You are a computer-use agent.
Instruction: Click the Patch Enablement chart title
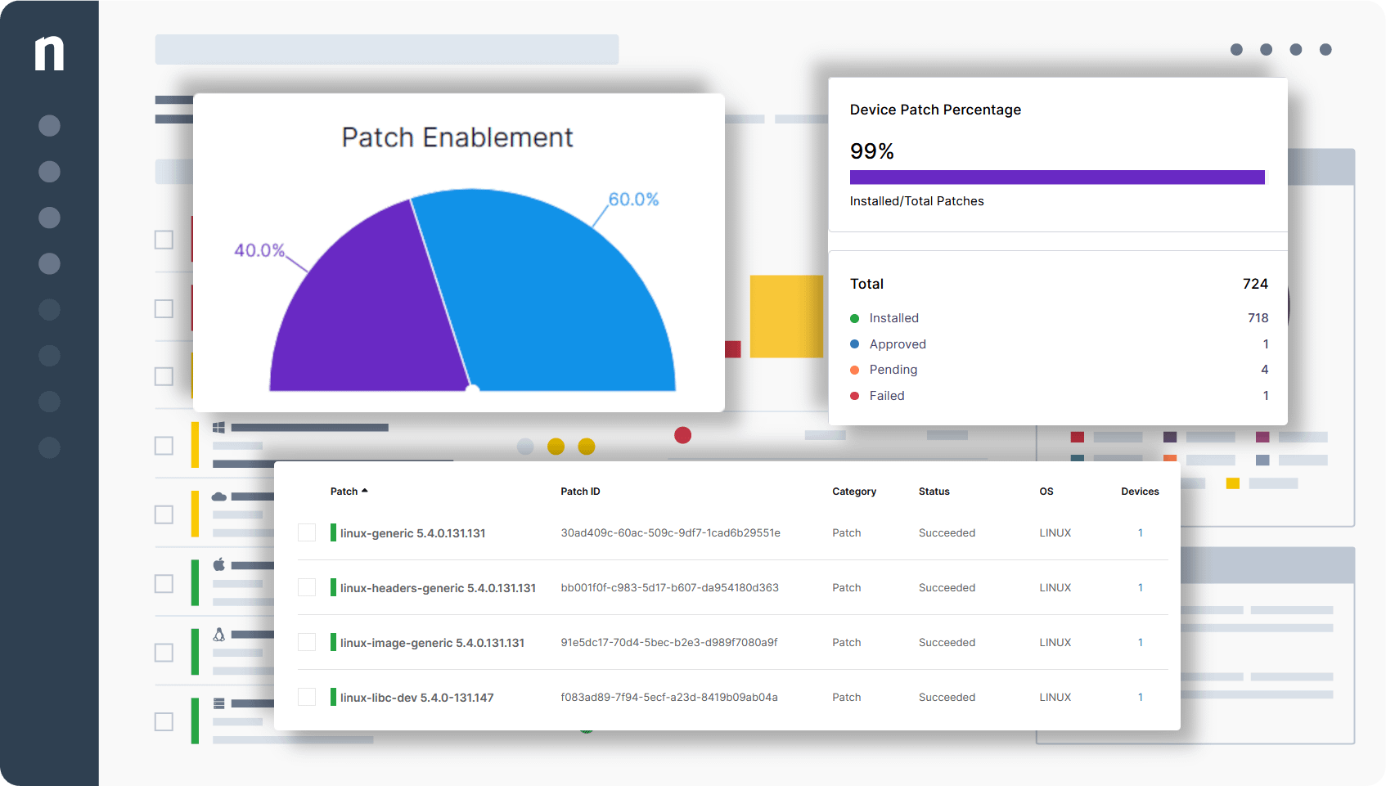pos(457,137)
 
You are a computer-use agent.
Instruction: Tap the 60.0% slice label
pos(633,200)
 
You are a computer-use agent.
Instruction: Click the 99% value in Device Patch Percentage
pos(871,151)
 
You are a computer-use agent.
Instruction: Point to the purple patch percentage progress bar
pos(1056,177)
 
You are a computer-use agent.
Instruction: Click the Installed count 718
pos(1258,318)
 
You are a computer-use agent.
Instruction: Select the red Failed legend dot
pos(854,396)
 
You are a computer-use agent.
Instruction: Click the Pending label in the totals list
pos(893,370)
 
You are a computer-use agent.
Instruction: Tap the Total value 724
pos(1254,284)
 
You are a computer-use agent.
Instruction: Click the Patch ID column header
pos(580,492)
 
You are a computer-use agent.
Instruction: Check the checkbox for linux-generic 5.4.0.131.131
pos(307,533)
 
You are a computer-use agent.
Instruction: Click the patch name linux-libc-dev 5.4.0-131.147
pos(416,698)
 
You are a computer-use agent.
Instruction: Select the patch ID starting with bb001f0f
pos(669,588)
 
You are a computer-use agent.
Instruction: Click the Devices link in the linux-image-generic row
pos(1140,643)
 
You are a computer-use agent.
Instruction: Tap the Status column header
pos(934,492)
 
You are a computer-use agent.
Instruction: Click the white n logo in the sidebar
pos(49,53)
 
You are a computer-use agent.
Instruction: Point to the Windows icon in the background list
pos(218,428)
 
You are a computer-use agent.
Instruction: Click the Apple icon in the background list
pos(218,564)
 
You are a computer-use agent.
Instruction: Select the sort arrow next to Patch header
pos(365,491)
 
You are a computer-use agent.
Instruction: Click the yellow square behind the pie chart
pos(785,317)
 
